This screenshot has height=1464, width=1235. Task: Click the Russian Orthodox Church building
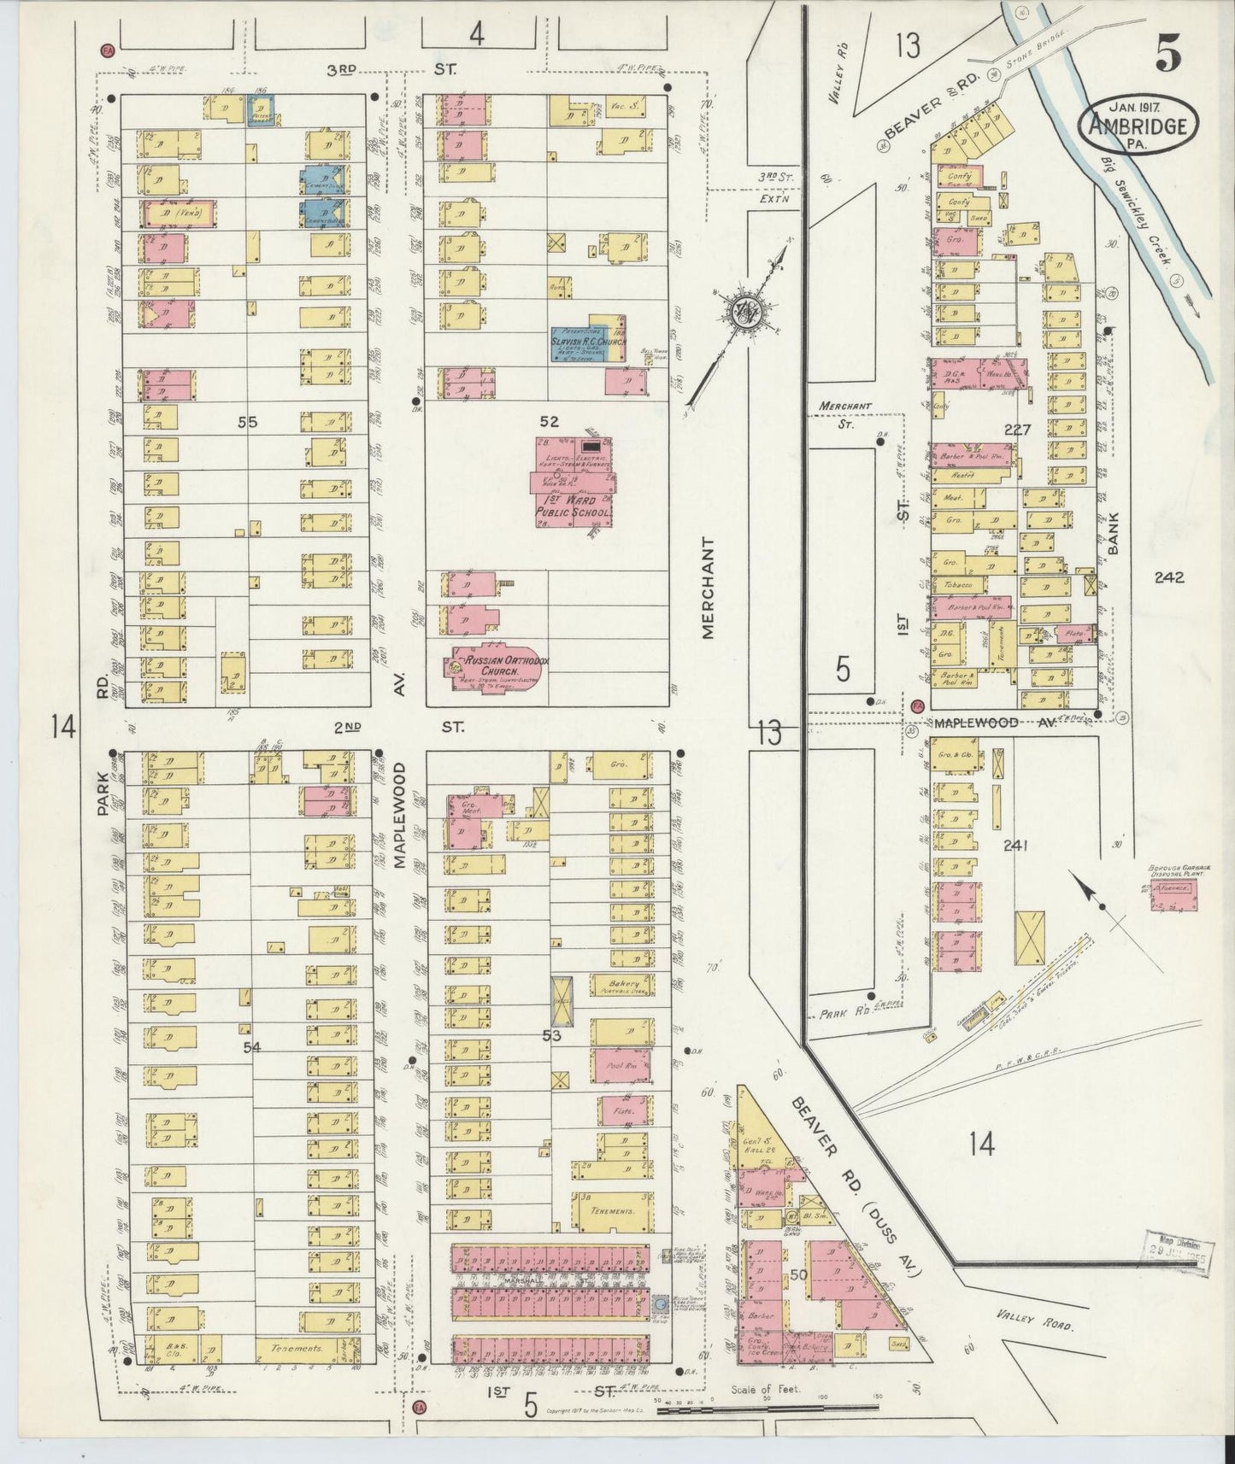tap(497, 668)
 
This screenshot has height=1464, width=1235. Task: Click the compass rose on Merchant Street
tap(743, 312)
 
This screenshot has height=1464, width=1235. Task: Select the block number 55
tap(248, 421)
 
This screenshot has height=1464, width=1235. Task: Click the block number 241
tap(1015, 846)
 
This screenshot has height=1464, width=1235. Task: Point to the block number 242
tap(1167, 577)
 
